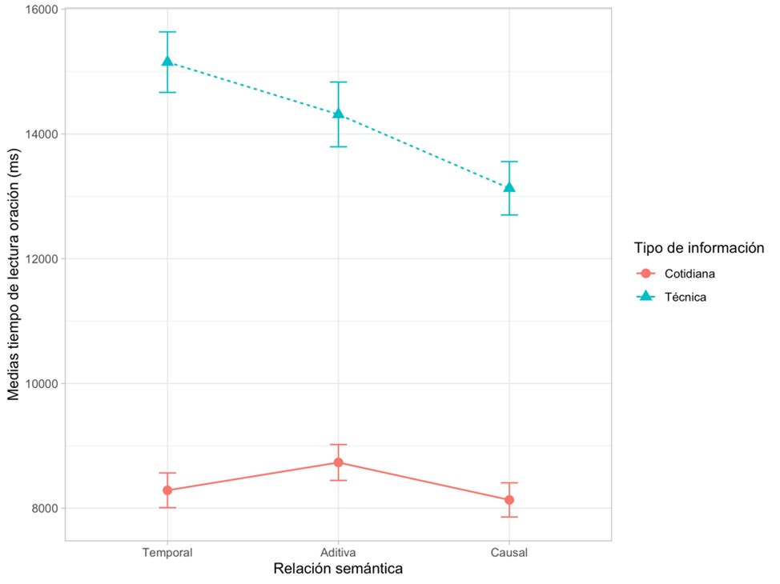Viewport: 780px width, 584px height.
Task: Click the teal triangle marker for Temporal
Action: (167, 61)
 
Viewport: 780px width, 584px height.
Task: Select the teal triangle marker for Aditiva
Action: (339, 113)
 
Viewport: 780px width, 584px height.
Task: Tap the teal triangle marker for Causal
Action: (509, 187)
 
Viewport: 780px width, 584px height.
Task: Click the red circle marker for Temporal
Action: (167, 490)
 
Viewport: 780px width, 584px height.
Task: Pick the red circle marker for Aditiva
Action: (339, 462)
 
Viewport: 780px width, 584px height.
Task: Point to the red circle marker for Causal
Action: (509, 500)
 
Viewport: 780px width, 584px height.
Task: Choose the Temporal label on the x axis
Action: (167, 553)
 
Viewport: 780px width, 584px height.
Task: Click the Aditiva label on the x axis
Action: (339, 553)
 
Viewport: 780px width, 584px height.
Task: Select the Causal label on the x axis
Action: (509, 553)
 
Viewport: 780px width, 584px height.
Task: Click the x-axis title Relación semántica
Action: (338, 570)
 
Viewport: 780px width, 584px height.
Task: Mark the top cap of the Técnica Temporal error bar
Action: (167, 32)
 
